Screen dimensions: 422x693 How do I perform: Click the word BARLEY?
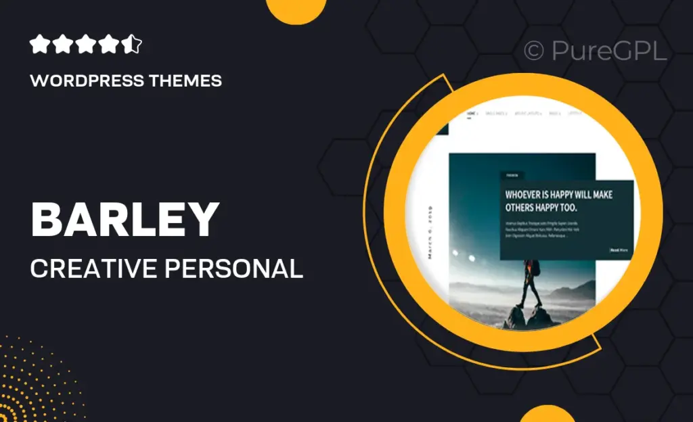point(125,220)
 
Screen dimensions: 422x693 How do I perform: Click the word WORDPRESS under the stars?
point(87,81)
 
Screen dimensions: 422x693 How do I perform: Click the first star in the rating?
point(40,45)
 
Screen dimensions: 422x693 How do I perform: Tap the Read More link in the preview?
point(620,250)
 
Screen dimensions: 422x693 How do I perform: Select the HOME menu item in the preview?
point(472,114)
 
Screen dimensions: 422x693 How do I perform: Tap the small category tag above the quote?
point(512,176)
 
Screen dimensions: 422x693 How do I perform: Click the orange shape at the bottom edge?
point(547,414)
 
